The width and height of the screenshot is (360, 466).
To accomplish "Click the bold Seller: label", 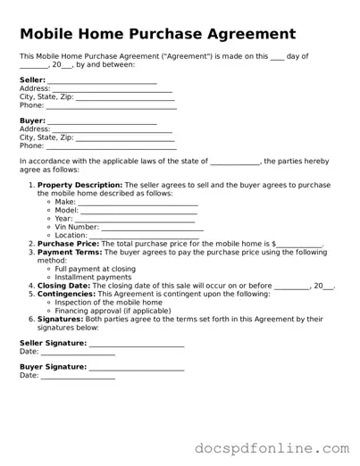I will [x=32, y=80].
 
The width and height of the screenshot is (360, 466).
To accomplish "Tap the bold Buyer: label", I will [x=32, y=121].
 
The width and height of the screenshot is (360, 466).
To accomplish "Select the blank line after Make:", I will [x=138, y=204].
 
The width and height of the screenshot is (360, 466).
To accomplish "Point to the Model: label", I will [x=67, y=211].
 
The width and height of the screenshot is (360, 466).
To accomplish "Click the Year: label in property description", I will [x=64, y=219].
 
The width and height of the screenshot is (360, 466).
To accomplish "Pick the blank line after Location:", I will [x=142, y=237].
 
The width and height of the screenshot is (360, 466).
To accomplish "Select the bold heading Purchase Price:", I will [x=68, y=244].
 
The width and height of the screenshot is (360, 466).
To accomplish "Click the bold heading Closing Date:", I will [x=64, y=286].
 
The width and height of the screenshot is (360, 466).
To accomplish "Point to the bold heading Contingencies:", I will [x=66, y=294].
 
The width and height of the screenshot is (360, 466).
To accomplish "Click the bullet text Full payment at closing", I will [x=96, y=269].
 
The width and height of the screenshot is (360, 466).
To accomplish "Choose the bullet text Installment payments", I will [x=93, y=277].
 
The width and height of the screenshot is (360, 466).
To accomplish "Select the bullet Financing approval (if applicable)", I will [x=113, y=311].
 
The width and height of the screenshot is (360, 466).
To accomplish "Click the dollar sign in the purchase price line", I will [x=274, y=244].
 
